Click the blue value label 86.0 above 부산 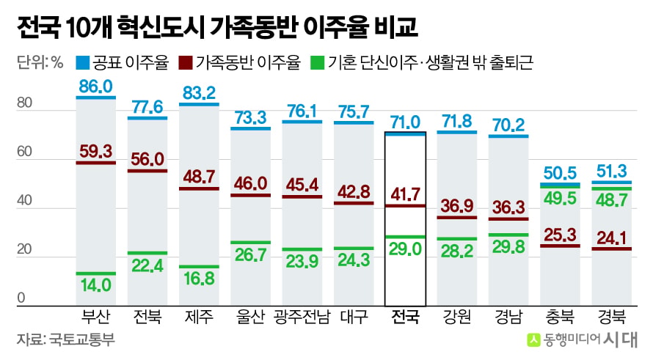(96, 87)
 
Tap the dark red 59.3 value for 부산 (96, 152)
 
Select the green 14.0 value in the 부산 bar (96, 285)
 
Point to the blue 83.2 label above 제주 (199, 93)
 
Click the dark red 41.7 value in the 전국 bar (405, 194)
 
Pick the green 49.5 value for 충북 (560, 199)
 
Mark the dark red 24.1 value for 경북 (611, 238)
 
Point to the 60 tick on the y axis (24, 152)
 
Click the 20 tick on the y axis (24, 249)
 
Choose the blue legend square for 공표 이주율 (82, 63)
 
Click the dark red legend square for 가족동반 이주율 (186, 63)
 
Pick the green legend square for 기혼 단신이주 (318, 63)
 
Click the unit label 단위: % (40, 63)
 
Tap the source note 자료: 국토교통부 (66, 339)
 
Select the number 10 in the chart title (79, 28)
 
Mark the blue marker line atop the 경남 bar (508, 136)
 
